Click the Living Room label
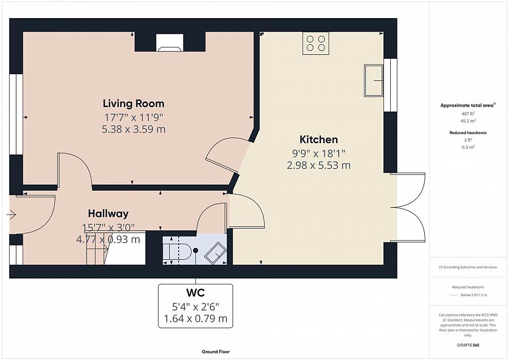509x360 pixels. coord(133,104)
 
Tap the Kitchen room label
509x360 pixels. coord(318,140)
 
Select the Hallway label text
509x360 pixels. coord(108,213)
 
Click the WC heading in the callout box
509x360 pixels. coord(195,293)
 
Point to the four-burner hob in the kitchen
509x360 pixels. coord(316,44)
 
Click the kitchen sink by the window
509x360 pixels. coord(373,80)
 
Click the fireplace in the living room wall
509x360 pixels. coord(170,42)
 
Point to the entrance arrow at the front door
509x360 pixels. coord(11,215)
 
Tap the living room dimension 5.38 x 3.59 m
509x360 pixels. coord(133,129)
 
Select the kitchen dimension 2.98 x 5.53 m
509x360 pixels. coord(318,165)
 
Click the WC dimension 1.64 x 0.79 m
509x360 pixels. coord(195,319)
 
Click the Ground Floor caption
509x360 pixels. coord(216,352)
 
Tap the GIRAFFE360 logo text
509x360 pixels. coord(468,345)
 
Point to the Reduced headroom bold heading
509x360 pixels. coord(468,132)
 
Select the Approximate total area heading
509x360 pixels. coord(468,105)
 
